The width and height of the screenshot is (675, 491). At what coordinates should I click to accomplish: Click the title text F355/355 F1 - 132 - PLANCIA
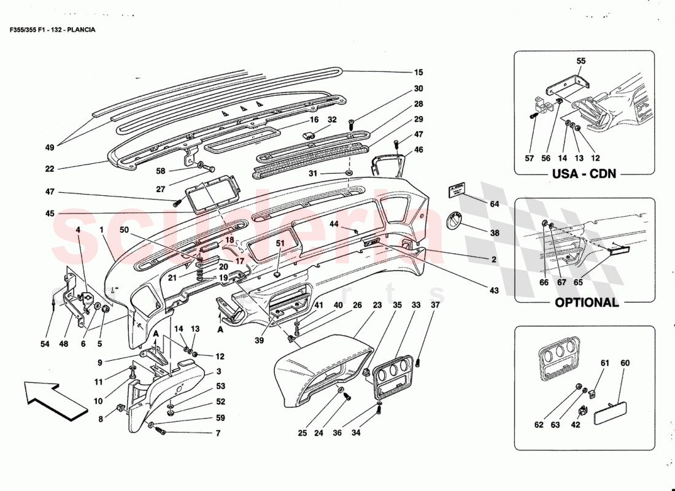pyautogui.click(x=52, y=29)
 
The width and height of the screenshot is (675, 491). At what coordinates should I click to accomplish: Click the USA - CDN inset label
pyautogui.click(x=584, y=174)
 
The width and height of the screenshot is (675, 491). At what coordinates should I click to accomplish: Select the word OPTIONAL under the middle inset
pyautogui.click(x=587, y=302)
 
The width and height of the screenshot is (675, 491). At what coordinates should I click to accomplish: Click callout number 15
pyautogui.click(x=418, y=72)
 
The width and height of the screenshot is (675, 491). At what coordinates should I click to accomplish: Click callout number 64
pyautogui.click(x=495, y=203)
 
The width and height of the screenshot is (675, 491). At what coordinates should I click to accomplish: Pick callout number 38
pyautogui.click(x=495, y=234)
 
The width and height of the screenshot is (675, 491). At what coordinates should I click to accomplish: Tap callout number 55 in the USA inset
pyautogui.click(x=581, y=61)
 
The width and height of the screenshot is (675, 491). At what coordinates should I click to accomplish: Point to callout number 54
pyautogui.click(x=45, y=344)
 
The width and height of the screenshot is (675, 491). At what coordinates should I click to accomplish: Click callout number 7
pyautogui.click(x=217, y=434)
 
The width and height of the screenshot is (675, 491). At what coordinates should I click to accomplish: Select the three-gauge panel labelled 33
pyautogui.click(x=390, y=372)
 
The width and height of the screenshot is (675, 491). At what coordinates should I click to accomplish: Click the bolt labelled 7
pyautogui.click(x=162, y=431)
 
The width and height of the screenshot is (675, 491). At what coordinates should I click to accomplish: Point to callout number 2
pyautogui.click(x=493, y=260)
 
